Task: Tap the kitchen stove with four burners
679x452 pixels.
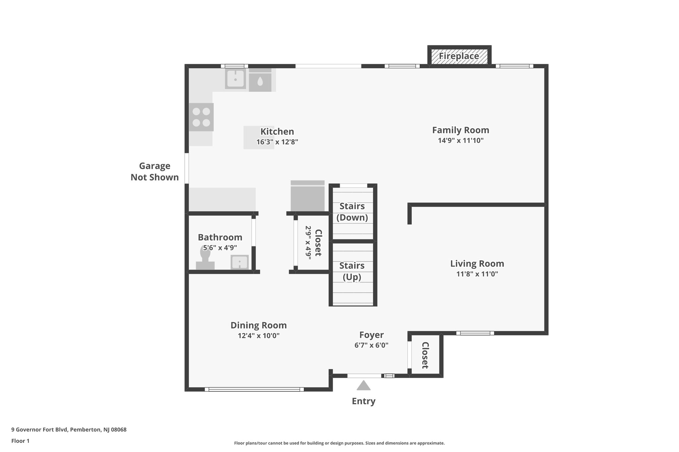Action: tap(201, 117)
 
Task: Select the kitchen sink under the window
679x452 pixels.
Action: tap(235, 79)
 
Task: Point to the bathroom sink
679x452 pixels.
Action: tap(239, 262)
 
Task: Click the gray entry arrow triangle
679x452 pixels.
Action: tap(363, 385)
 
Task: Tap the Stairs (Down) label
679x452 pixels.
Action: tap(352, 212)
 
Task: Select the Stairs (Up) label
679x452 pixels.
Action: tap(352, 271)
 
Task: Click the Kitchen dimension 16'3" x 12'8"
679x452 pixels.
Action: tap(277, 142)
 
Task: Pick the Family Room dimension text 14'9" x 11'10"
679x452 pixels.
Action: tap(461, 140)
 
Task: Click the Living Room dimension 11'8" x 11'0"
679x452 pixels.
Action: tap(477, 274)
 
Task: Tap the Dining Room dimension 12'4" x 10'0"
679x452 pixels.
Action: tap(259, 335)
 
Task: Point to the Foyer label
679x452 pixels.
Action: tap(371, 335)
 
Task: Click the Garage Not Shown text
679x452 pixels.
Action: tap(154, 172)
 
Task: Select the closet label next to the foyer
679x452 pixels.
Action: tap(425, 355)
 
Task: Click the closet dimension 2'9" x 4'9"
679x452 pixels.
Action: tap(308, 243)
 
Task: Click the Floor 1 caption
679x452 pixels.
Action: tap(20, 441)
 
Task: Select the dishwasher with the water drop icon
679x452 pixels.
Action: tap(260, 80)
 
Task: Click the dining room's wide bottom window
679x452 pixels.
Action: tap(254, 389)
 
